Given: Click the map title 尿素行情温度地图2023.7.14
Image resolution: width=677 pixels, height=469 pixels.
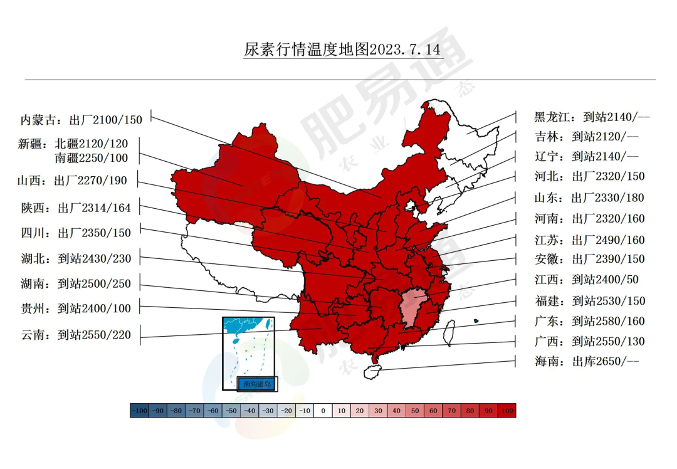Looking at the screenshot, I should [343, 50].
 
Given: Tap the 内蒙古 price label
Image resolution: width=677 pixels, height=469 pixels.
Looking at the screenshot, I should [81, 120].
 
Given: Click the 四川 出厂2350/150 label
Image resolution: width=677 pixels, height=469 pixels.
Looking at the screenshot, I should [76, 233].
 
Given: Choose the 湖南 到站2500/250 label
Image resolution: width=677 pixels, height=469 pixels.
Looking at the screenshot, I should [76, 284].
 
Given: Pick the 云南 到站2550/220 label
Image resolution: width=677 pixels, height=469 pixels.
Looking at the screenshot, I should [76, 335].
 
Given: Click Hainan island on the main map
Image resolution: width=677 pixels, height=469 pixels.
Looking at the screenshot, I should [374, 371].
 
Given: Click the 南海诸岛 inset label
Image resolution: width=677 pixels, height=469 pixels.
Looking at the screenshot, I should [256, 384].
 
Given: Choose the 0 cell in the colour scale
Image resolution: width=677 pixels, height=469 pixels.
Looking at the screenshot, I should [323, 411].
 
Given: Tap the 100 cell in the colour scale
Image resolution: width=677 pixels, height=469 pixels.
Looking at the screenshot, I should [506, 411].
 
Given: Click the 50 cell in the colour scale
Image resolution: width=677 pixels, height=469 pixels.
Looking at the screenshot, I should [415, 411].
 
